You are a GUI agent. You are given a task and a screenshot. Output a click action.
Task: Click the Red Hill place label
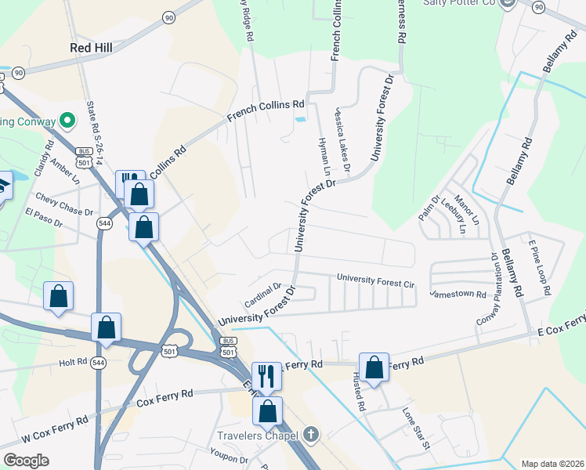[91, 48]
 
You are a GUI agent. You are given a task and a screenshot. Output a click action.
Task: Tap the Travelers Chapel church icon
[311, 434]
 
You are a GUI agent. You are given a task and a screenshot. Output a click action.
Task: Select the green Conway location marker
[67, 121]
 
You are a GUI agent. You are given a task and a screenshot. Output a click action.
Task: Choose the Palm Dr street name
[429, 208]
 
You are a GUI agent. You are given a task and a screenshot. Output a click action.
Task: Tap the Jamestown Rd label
[458, 294]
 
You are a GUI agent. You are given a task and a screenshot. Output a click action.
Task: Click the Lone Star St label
[417, 428]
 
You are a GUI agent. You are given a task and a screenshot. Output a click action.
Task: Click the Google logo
[26, 460]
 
